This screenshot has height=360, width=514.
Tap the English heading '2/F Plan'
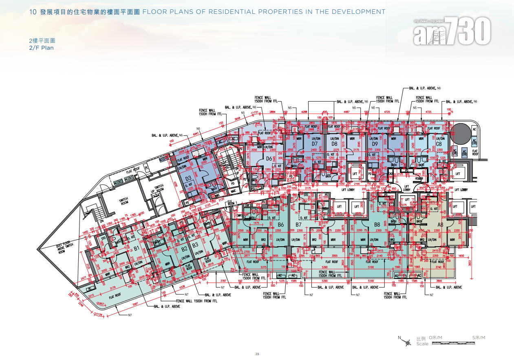(x=41, y=48)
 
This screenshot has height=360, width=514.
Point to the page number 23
(x=257, y=353)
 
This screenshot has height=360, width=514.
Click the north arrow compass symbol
(x=408, y=343)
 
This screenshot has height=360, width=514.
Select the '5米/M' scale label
(x=479, y=338)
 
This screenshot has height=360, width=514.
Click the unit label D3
(x=188, y=178)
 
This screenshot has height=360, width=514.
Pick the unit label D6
(x=269, y=159)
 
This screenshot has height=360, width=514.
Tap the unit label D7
(x=314, y=144)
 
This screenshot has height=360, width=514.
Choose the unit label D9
(x=375, y=144)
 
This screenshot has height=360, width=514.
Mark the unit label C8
(x=439, y=144)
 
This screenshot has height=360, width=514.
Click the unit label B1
(x=137, y=248)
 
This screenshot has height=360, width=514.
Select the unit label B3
(x=195, y=245)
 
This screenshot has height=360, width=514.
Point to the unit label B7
(x=298, y=225)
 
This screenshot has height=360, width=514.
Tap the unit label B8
(x=377, y=225)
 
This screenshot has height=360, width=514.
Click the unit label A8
(x=440, y=225)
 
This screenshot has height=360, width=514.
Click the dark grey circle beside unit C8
(x=459, y=134)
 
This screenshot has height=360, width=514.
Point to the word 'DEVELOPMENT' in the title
(x=359, y=12)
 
